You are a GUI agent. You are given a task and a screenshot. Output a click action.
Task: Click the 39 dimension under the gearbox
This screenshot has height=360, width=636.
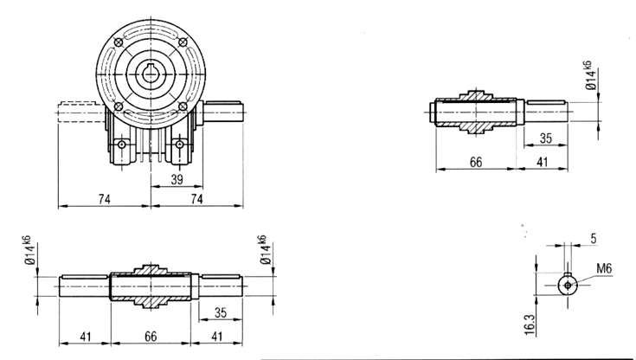(x=177, y=179)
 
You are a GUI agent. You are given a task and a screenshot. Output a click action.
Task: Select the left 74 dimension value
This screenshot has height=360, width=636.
(x=104, y=199)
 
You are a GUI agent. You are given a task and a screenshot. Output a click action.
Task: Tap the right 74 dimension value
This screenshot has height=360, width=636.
(x=196, y=199)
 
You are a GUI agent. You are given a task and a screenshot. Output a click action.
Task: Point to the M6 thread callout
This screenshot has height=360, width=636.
(x=604, y=268)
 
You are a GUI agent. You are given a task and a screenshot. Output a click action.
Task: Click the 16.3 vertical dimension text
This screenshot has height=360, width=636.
(x=530, y=325)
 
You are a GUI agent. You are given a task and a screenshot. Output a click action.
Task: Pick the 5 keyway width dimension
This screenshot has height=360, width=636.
(x=594, y=239)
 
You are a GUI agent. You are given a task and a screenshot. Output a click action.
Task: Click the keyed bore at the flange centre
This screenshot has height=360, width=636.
(x=151, y=74)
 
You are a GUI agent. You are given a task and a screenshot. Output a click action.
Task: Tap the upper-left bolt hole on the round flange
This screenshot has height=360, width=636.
(x=119, y=42)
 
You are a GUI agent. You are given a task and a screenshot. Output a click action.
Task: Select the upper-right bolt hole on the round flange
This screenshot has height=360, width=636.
(x=183, y=42)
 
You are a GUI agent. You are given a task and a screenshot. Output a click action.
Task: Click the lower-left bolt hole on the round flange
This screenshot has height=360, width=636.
(x=119, y=106)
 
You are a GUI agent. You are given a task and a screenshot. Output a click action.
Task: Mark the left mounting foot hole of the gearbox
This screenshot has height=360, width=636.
(x=122, y=144)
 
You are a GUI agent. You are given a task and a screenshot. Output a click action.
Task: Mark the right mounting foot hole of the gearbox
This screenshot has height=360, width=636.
(x=179, y=144)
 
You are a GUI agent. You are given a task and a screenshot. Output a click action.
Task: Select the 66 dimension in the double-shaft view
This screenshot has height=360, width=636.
(x=151, y=337)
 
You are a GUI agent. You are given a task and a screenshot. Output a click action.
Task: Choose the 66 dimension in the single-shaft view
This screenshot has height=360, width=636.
(x=476, y=163)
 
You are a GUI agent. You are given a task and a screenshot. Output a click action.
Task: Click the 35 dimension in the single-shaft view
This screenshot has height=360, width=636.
(x=545, y=138)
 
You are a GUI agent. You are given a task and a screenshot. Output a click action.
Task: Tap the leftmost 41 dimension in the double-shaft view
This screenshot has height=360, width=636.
(x=85, y=337)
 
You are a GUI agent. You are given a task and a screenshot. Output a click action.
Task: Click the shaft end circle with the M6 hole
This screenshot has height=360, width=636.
(x=568, y=285)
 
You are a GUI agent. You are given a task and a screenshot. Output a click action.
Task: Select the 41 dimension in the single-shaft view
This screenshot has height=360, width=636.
(x=543, y=163)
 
